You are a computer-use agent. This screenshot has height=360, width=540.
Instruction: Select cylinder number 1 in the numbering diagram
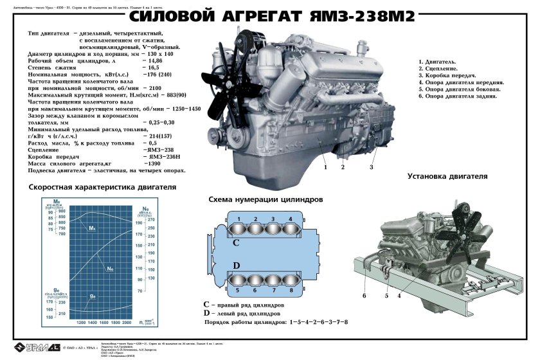pos(239,226)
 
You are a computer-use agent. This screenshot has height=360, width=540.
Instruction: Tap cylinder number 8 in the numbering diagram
pos(291,279)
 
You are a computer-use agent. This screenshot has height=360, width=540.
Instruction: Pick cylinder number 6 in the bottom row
pos(256,279)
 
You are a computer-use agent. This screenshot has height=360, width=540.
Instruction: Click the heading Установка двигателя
pos(447,176)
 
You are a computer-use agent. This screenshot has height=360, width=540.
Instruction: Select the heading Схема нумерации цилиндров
pos(265,200)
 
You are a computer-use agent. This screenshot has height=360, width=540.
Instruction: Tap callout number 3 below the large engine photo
pos(371,167)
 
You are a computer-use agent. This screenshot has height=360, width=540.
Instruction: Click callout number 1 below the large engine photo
pos(326,167)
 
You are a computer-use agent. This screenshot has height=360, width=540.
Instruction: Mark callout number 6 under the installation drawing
pos(364,296)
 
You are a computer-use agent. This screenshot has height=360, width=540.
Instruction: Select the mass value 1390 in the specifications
pos(154,164)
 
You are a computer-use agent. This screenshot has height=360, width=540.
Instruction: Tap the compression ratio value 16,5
pos(153,67)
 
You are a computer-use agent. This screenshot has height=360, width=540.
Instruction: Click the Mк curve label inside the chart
pos(92,228)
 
